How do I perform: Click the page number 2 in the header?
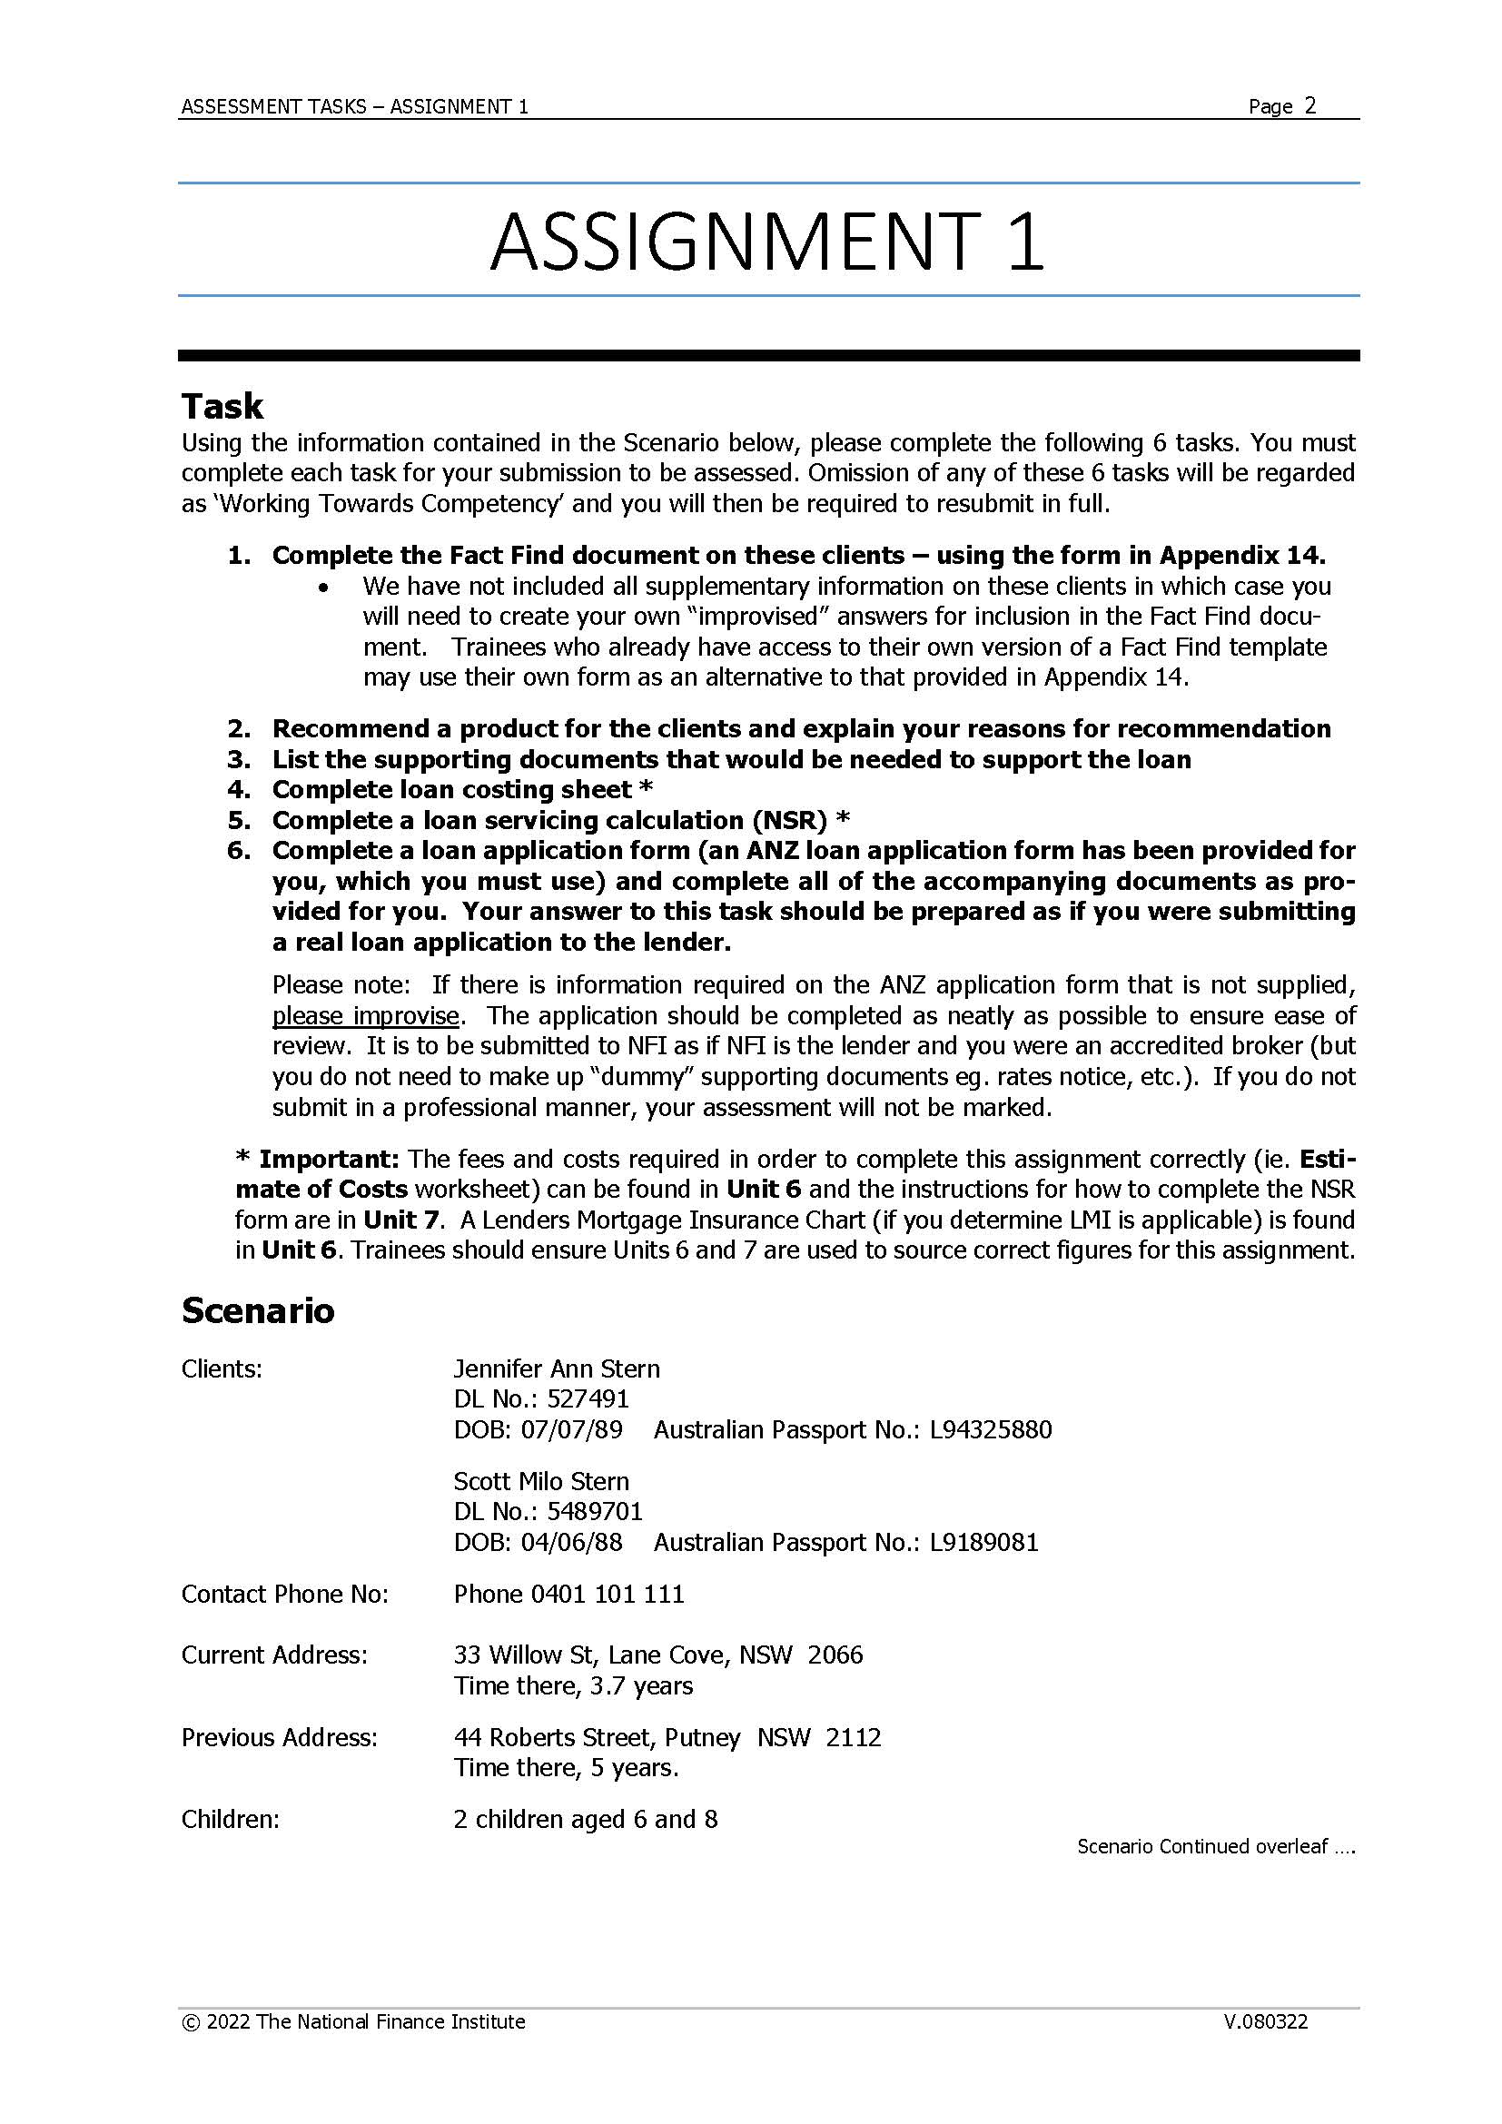coord(1309,105)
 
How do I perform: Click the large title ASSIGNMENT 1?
coord(766,242)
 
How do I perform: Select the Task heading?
coord(222,406)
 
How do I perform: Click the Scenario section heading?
coord(257,1310)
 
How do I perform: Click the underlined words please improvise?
coord(365,1016)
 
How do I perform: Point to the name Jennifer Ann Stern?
coord(556,1368)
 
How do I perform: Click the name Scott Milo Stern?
coord(540,1481)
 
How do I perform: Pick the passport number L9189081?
coord(983,1542)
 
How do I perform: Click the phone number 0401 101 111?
coord(607,1594)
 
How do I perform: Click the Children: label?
coord(230,1820)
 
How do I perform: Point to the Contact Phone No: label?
coord(285,1594)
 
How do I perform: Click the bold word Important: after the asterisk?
coord(328,1159)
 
